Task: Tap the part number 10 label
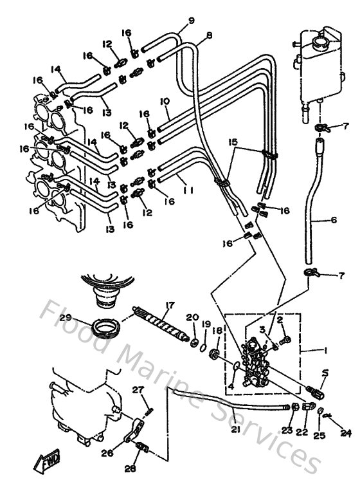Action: [x=165, y=102]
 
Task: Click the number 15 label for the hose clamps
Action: [x=233, y=141]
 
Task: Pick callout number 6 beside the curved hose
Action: [x=334, y=220]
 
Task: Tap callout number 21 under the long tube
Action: [x=235, y=429]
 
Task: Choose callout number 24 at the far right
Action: [x=346, y=433]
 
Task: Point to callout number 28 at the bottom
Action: [x=130, y=469]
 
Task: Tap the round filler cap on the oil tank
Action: [x=318, y=43]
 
